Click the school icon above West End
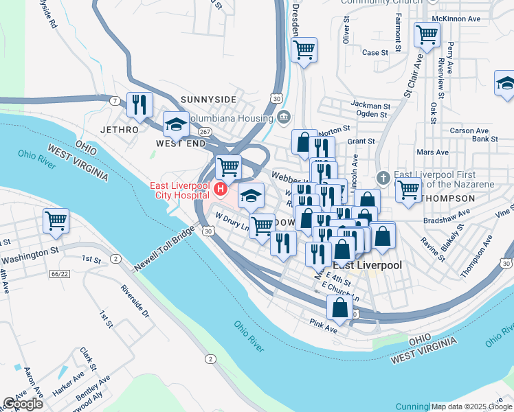point(176,125)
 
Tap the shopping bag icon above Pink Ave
point(339,308)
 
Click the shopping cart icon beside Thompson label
point(408,190)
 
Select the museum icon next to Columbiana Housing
point(284,118)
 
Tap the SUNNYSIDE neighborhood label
point(203,100)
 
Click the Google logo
point(23,404)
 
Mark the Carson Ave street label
point(469,130)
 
